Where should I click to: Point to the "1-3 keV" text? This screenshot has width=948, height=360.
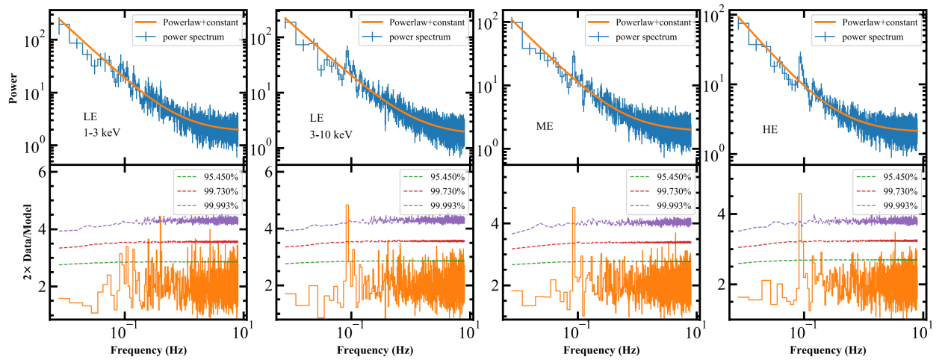pos(103,132)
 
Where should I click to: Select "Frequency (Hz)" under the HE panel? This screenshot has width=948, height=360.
pos(826,350)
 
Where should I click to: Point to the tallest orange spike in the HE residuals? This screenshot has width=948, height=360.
pos(800,194)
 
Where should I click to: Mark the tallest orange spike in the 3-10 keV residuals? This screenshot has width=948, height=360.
pos(347,205)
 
